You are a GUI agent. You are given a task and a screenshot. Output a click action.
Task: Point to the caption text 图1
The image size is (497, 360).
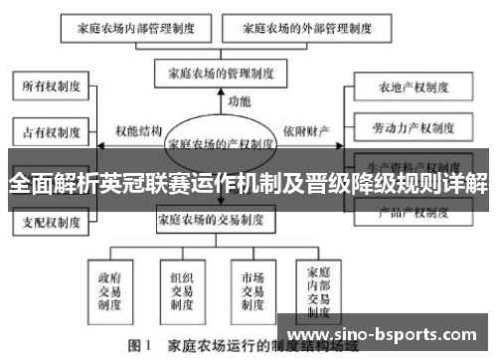click(136, 348)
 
